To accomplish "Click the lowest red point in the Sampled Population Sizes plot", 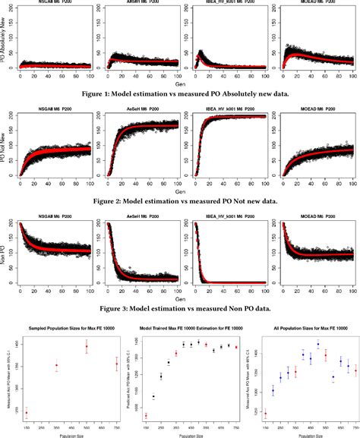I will click(27, 413).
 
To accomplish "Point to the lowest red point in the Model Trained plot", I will click(146, 415).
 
